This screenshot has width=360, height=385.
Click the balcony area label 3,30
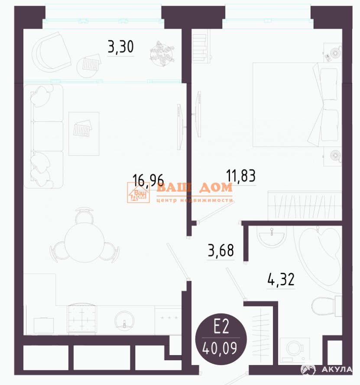[121, 47]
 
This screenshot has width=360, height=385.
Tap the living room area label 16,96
[148, 180]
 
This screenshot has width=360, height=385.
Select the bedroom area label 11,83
[241, 175]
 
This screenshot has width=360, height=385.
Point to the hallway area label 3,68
[221, 250]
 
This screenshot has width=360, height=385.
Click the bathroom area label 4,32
[281, 279]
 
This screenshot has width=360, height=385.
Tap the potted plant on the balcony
[162, 53]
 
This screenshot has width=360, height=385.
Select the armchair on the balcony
[51, 52]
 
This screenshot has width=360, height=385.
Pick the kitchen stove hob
[82, 319]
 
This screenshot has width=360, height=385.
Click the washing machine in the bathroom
[295, 351]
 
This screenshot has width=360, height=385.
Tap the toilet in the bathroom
[327, 306]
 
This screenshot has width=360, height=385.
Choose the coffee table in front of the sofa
[84, 134]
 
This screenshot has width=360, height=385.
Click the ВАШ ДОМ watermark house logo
[138, 192]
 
